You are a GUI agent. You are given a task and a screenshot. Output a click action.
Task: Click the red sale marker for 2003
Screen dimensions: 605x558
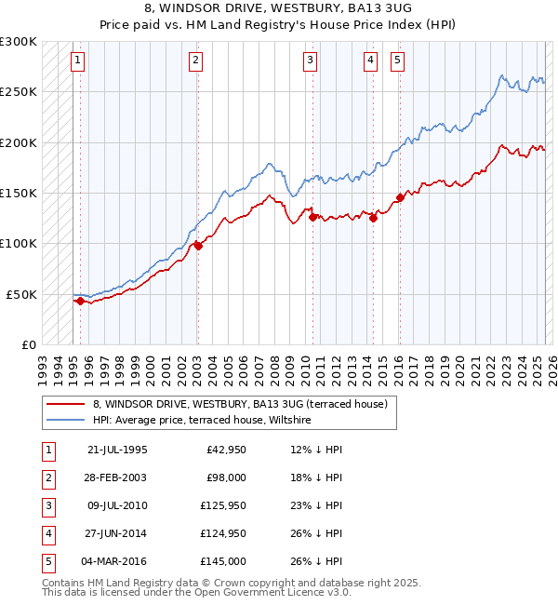198,246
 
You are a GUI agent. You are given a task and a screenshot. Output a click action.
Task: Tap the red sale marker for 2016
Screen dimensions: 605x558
400,197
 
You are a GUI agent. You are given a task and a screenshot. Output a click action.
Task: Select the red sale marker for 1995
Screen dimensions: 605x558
81,301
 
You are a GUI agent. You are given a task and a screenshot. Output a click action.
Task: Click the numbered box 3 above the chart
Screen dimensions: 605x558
310,61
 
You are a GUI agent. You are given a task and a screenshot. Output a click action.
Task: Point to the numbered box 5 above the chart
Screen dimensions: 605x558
397,61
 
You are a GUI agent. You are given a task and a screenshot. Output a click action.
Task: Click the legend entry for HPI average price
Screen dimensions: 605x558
201,421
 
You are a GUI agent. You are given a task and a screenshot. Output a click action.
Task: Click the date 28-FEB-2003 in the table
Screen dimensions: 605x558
117,477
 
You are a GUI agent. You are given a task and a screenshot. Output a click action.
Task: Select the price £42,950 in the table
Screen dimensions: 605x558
224,450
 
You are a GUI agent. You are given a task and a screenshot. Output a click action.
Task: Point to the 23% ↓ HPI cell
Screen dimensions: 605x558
316,505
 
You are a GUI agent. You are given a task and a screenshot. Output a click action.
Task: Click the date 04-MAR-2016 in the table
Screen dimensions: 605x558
117,561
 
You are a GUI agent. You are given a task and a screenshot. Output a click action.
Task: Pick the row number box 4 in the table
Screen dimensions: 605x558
46,533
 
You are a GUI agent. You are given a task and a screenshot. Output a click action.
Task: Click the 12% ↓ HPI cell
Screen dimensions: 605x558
316,450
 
